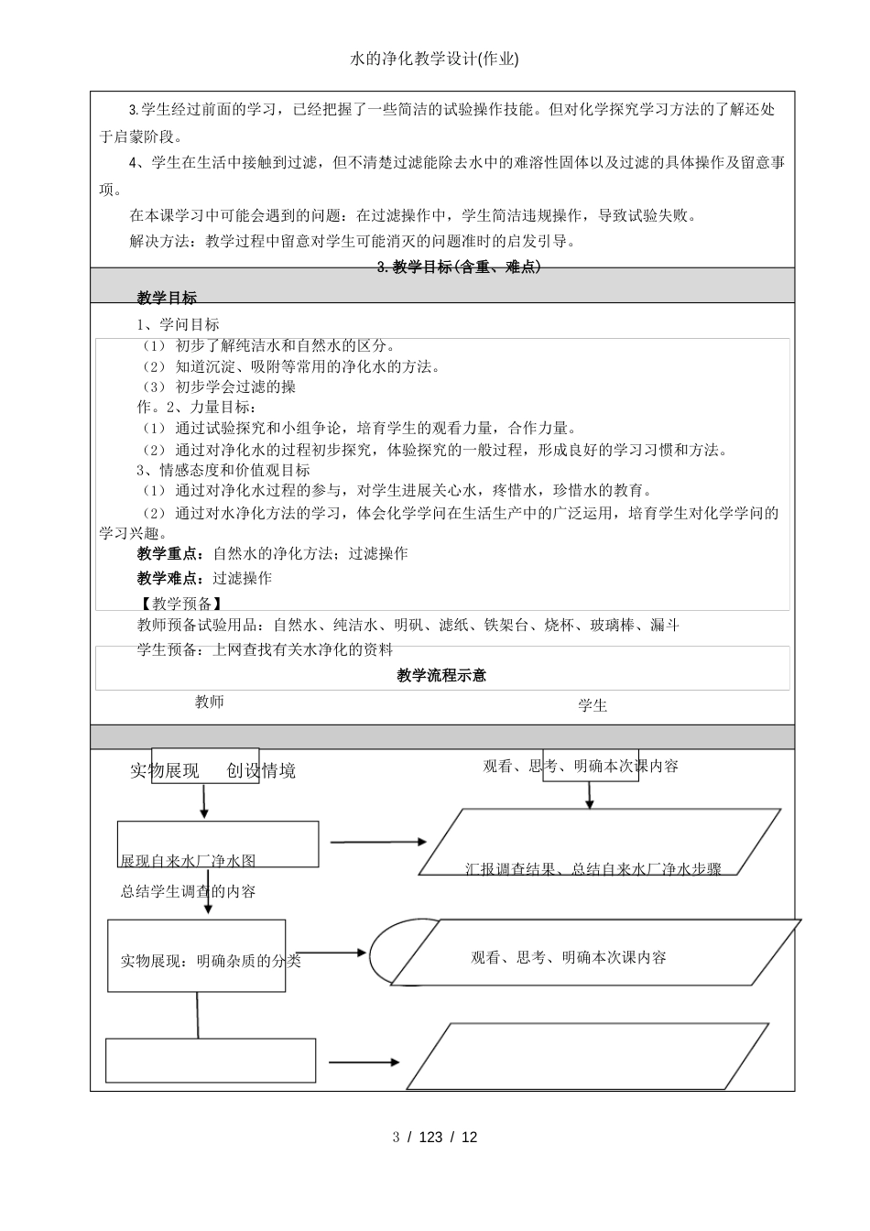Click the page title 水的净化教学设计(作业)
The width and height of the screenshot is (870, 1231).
pyautogui.click(x=434, y=60)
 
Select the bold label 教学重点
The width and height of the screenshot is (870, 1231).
pyautogui.click(x=170, y=553)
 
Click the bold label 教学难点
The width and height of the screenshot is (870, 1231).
pyautogui.click(x=170, y=578)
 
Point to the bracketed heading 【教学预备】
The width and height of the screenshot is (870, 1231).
pyautogui.click(x=179, y=603)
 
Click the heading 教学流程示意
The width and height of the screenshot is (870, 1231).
pyautogui.click(x=441, y=675)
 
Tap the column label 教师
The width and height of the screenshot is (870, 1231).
pyautogui.click(x=210, y=702)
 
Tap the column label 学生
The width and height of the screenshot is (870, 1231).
pyautogui.click(x=593, y=705)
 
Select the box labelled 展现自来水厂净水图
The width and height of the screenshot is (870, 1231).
pyautogui.click(x=218, y=844)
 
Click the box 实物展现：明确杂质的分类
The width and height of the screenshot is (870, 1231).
pyautogui.click(x=197, y=955)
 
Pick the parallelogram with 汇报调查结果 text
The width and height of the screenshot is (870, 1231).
pyautogui.click(x=600, y=843)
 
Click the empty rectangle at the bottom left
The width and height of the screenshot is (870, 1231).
pyautogui.click(x=211, y=1060)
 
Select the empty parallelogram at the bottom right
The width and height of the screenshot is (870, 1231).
pyautogui.click(x=587, y=1056)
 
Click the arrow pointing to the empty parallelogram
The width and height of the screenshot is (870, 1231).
pyautogui.click(x=364, y=1062)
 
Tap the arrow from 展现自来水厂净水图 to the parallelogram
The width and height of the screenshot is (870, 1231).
pyautogui.click(x=378, y=842)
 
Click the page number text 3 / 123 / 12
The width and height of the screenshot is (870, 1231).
pyautogui.click(x=435, y=1138)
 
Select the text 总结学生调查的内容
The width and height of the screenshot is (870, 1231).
pyautogui.click(x=188, y=890)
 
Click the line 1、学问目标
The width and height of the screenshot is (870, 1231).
pyautogui.click(x=178, y=324)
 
